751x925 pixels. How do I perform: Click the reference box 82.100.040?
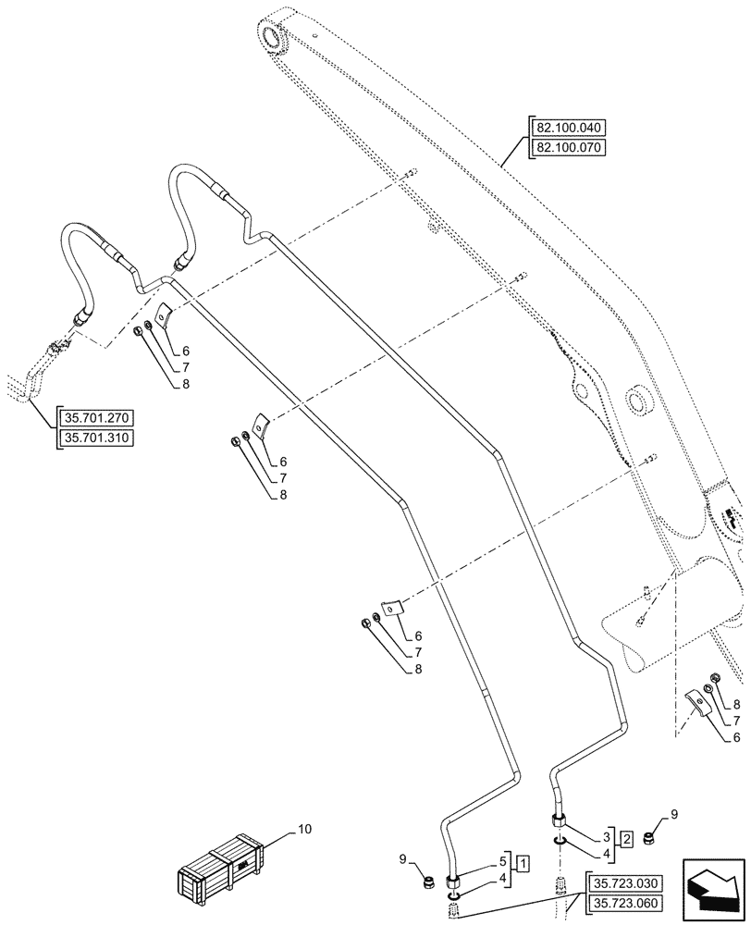567,129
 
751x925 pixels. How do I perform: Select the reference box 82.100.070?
567,147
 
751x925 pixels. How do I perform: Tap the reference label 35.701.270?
95,418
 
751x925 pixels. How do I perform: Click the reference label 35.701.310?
95,438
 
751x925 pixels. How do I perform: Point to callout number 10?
305,831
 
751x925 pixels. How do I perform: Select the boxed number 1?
523,865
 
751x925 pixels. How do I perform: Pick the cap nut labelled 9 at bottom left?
429,882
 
